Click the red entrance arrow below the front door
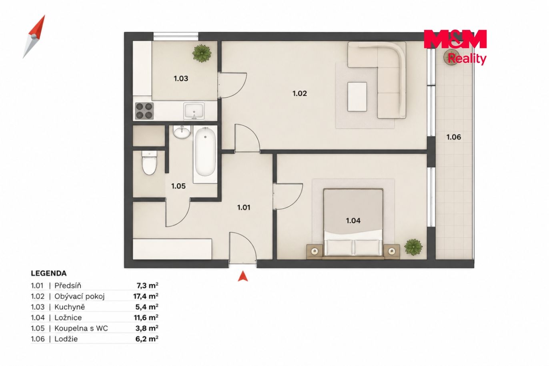[x=242, y=276]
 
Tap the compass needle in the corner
[x=34, y=37]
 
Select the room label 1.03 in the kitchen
[x=181, y=78]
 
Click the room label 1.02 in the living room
[x=299, y=93]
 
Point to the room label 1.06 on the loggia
[x=454, y=137]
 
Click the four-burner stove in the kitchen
[x=144, y=111]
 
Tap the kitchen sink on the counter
[x=194, y=111]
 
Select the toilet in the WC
[x=149, y=163]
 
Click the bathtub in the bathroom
[x=205, y=154]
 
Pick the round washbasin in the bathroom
[x=181, y=132]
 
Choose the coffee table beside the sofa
[x=357, y=97]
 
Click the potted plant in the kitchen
[x=202, y=53]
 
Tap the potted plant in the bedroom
[x=413, y=247]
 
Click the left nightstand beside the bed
[x=315, y=251]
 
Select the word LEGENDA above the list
[x=48, y=273]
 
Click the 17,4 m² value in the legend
[x=146, y=296]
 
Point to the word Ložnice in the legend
[x=68, y=318]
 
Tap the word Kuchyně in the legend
[x=70, y=307]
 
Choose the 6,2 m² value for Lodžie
[x=146, y=339]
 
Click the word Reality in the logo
[x=467, y=59]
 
